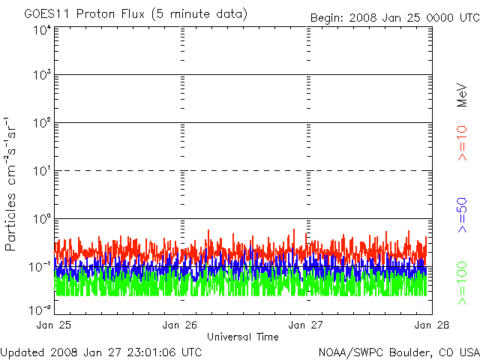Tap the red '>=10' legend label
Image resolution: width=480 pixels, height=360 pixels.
463,143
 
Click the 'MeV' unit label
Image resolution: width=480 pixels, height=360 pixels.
463,93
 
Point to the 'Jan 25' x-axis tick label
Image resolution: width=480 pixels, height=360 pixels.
55,325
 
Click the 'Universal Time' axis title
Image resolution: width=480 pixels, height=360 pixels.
242,337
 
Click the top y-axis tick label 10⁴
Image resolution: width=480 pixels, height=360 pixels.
40,30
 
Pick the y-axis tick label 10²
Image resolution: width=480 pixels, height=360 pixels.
40,124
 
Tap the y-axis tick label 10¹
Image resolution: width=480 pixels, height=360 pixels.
40,172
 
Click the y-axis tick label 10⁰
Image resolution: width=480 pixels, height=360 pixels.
40,220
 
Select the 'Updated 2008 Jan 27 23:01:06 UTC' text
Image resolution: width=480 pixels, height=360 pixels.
101,351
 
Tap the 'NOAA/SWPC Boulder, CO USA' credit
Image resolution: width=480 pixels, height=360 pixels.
398,351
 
